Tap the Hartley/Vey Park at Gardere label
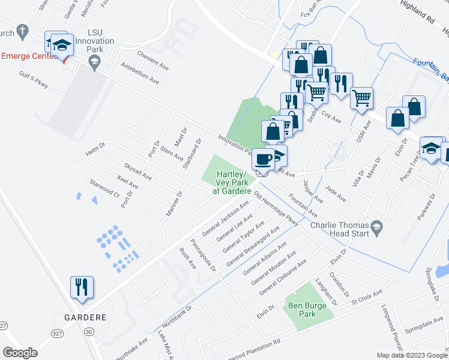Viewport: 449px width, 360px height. click(x=232, y=182)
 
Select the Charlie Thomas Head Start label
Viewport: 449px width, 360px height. click(x=340, y=230)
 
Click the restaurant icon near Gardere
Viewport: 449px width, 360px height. click(x=82, y=287)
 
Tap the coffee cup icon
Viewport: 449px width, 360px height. click(x=263, y=159)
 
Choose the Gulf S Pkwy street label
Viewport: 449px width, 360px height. click(x=33, y=82)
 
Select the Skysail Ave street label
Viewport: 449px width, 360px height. click(x=137, y=172)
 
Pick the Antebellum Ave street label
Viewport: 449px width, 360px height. click(x=140, y=73)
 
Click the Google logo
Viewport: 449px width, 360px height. click(x=20, y=353)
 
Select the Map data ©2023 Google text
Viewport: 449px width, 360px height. click(x=412, y=355)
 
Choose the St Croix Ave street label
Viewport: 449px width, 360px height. click(x=367, y=296)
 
